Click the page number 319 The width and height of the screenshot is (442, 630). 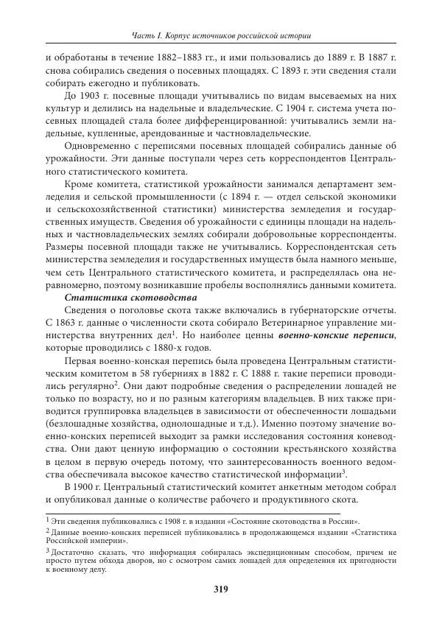pyautogui.click(x=220, y=589)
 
